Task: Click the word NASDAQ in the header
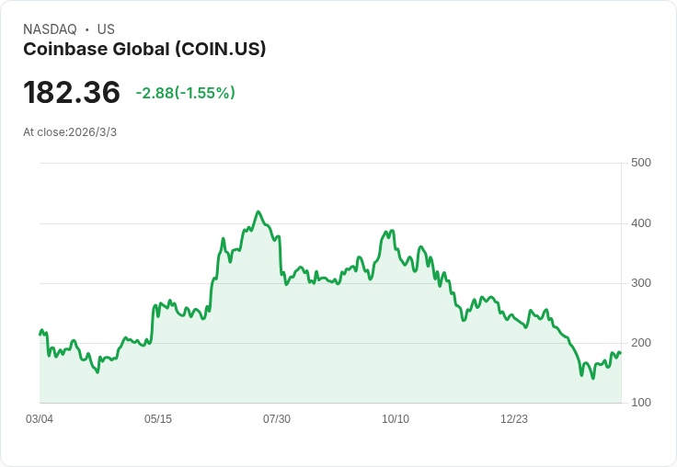pos(50,29)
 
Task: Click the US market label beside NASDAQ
pos(106,29)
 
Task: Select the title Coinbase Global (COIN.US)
pos(144,50)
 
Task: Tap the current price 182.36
pos(72,93)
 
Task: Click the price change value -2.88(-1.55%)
pos(185,93)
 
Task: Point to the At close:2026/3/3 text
pos(70,132)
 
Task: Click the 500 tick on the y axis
pos(641,164)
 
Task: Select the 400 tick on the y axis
pos(641,223)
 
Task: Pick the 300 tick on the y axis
pos(641,283)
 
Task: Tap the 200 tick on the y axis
pos(641,343)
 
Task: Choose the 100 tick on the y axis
pos(641,403)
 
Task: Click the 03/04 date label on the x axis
pos(40,419)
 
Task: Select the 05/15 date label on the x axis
pos(158,419)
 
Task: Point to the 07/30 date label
pos(277,419)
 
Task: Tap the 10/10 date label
pos(396,419)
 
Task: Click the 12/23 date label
pos(514,419)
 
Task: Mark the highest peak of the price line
pos(258,211)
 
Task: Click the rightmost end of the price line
pos(621,353)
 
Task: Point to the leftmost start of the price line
pos(40,334)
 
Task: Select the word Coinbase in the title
pos(60,50)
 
